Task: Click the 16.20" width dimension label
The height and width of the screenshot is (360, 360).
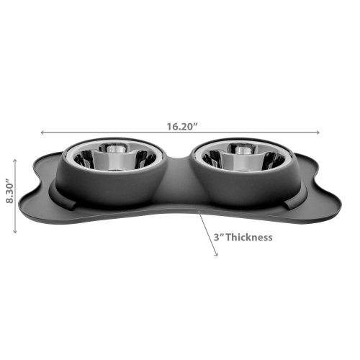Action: [x=180, y=126]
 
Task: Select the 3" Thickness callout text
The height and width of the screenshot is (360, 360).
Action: [x=240, y=237]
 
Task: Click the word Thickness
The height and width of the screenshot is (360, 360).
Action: [x=249, y=237]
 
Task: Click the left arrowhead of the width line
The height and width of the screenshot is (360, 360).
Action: [x=42, y=132]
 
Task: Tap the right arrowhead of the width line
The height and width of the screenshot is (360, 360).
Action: [x=318, y=132]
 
